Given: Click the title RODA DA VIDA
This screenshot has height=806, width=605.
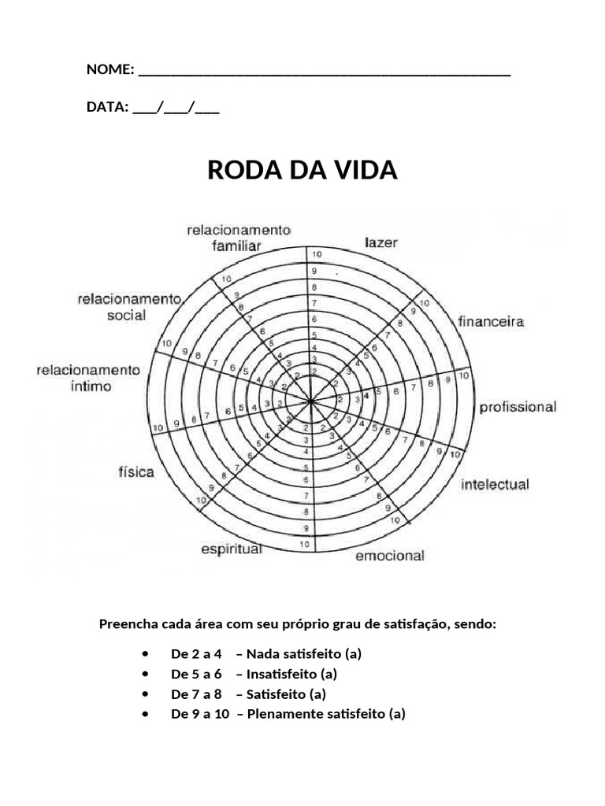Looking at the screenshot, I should coord(302,170).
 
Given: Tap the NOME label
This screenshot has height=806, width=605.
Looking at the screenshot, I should coord(109,69).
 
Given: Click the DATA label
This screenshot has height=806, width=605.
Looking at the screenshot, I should coord(106,107).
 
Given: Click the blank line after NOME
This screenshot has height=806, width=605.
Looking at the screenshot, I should coord(324,72).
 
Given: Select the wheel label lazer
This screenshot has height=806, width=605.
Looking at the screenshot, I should coord(381,242).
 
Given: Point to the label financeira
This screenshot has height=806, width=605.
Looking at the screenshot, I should coord(491,321).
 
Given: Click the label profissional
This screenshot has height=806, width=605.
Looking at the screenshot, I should coord(518,407).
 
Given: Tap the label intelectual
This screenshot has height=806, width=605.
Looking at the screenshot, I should coord(495,484).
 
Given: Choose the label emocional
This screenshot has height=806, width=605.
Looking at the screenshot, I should coord(389,556).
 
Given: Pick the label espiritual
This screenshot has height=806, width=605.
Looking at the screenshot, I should coord(231,549).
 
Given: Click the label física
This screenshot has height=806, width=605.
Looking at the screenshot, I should coord(136,472).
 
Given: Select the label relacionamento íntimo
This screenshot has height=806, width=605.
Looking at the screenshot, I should coord(87,378).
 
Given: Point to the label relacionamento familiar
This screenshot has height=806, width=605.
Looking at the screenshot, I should coord(239,237).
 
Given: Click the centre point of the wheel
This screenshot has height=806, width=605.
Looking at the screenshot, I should coord(311,401).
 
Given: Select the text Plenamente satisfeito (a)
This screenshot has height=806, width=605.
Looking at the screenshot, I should coord(325,714).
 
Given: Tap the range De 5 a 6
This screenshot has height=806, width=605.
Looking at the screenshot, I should coord(196,674).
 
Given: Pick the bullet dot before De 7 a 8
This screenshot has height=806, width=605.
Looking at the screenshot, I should coord(147,694).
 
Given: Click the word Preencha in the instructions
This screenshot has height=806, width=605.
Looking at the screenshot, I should coord(125,623).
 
